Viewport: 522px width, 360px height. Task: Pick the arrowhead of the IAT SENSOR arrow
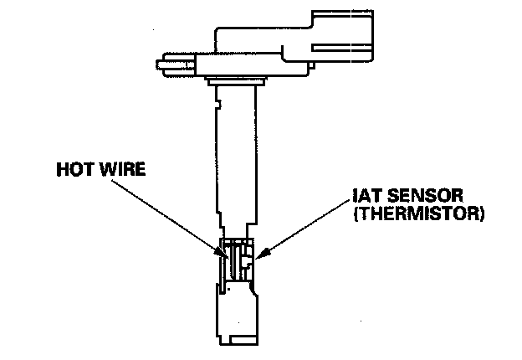(x=256, y=254)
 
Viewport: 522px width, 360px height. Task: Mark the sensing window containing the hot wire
(x=238, y=260)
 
